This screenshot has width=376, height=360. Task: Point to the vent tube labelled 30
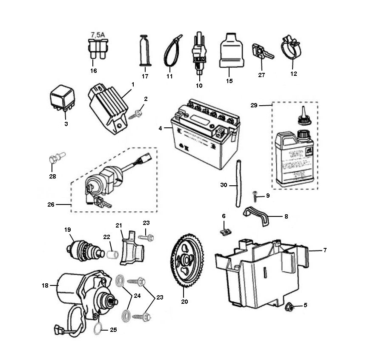[x=239, y=183]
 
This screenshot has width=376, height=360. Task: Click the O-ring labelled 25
[x=97, y=327]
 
